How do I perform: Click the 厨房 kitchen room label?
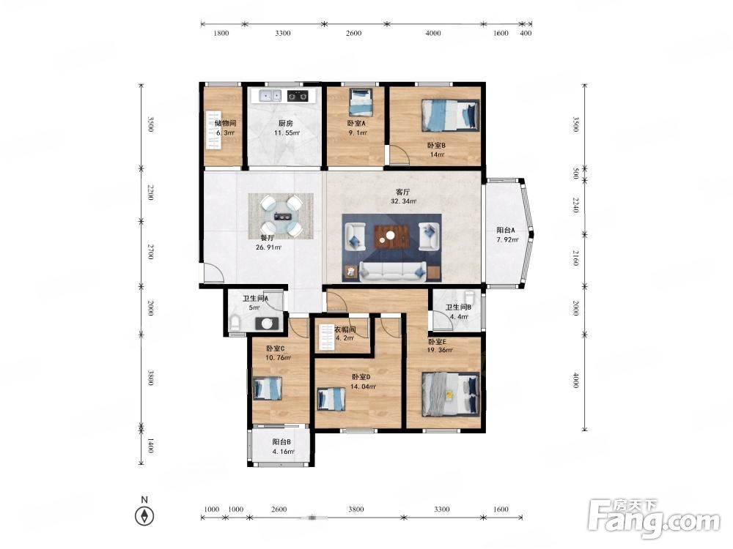pos(286,123)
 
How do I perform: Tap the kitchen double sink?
pos(270,96)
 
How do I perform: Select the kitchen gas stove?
pos(298,96)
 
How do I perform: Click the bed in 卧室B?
pos(451,115)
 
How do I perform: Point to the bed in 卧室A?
pos(361,102)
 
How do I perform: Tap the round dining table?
pos(281,217)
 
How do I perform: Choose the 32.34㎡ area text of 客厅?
pos(403,202)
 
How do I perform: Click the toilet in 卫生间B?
pos(469,299)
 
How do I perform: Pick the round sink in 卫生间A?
pos(268,324)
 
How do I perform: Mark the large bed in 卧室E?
pos(451,394)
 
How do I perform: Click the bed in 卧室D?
pos(331,399)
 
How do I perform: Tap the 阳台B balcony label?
pos(282,441)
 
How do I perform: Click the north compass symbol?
pos(144,516)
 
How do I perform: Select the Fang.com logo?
pos(654,518)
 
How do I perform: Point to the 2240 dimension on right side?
pos(575,206)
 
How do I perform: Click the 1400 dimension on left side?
pos(150,445)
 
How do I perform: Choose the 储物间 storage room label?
pos(225,123)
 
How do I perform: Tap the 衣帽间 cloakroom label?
pos(345,329)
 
